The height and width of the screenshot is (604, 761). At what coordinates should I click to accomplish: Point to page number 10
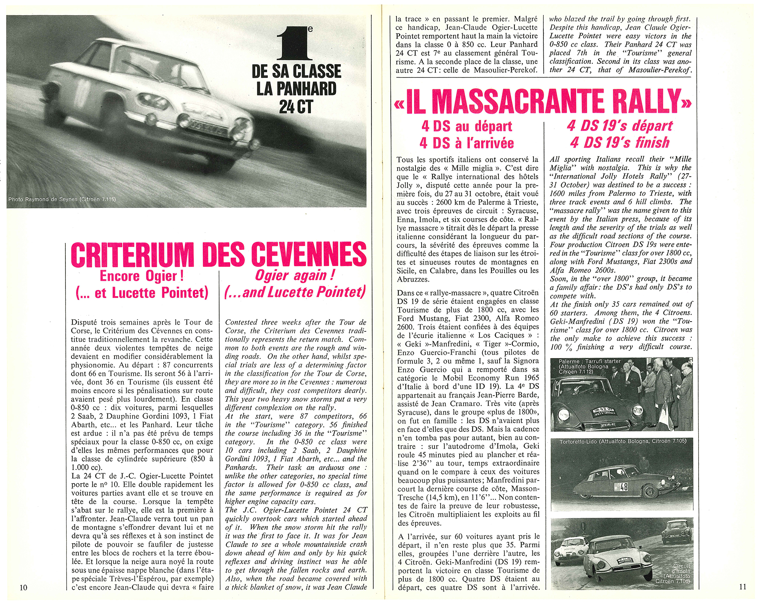click(x=23, y=587)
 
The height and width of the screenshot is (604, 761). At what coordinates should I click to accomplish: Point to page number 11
click(x=742, y=587)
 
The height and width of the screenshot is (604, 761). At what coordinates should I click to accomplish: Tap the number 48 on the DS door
click(x=624, y=487)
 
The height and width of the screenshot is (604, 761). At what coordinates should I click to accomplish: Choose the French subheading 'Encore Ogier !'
click(x=142, y=276)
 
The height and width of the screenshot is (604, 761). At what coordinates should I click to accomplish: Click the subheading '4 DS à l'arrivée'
click(x=466, y=143)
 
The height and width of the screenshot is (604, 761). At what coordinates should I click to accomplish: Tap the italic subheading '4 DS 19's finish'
click(x=619, y=143)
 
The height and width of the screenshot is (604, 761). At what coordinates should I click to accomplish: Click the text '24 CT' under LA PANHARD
click(x=296, y=106)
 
